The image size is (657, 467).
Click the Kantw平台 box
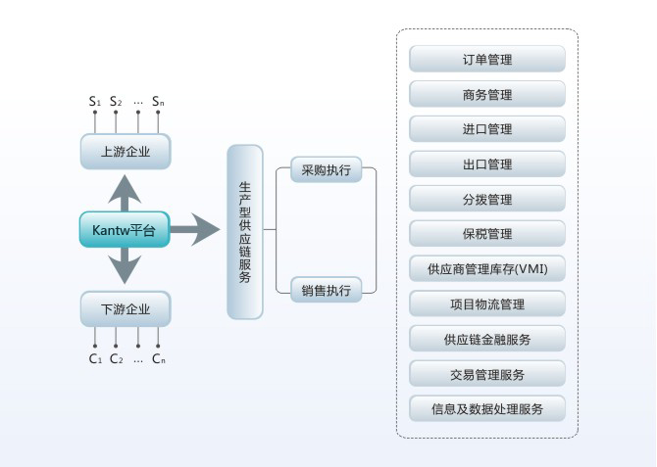coord(125,229)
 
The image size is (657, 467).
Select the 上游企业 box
coord(125,151)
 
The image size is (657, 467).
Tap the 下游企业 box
coord(125,309)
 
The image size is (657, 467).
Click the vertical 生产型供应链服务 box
coord(245,232)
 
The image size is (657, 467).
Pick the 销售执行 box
coord(327,289)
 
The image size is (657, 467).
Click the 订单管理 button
coord(487,60)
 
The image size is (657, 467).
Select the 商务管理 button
coord(487,95)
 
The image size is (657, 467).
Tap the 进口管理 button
coord(487,129)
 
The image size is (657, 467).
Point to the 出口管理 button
coord(487,164)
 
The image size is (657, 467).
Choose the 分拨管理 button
coord(487,199)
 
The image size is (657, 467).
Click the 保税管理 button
coord(487,234)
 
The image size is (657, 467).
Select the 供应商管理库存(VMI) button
coord(487,268)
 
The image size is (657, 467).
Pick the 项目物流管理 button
coord(487,304)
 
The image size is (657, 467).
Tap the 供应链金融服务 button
coord(487,339)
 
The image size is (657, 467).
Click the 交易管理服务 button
coord(487,373)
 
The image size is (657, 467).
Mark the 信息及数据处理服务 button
coord(487,408)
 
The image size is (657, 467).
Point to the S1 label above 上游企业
coord(95,101)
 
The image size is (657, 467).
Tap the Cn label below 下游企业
coord(158,358)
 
